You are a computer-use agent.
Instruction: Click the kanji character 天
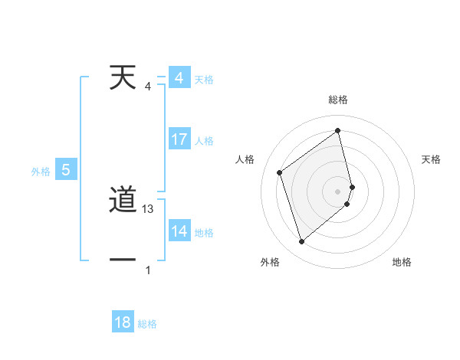click(123, 77)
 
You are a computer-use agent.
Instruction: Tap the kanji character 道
click(123, 201)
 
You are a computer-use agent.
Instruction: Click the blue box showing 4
click(179, 78)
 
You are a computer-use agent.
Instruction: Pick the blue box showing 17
click(179, 139)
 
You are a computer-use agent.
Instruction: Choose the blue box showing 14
click(179, 231)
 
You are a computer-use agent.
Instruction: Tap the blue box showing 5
click(66, 170)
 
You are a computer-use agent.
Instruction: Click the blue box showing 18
click(123, 322)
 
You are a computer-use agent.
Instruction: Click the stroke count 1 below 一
click(148, 270)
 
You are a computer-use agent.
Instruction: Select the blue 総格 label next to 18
click(147, 324)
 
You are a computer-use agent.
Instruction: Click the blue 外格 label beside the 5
click(41, 172)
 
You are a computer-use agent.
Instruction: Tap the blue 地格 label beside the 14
click(204, 233)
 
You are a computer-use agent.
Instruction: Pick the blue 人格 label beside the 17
click(204, 141)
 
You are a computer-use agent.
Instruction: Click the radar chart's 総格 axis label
click(338, 100)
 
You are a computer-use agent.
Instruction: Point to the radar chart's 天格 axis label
click(432, 159)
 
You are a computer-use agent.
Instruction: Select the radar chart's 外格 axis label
click(270, 262)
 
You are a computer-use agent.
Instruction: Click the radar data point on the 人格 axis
click(279, 172)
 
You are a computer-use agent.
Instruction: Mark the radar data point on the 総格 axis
click(338, 131)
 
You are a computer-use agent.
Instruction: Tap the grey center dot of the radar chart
click(338, 191)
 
